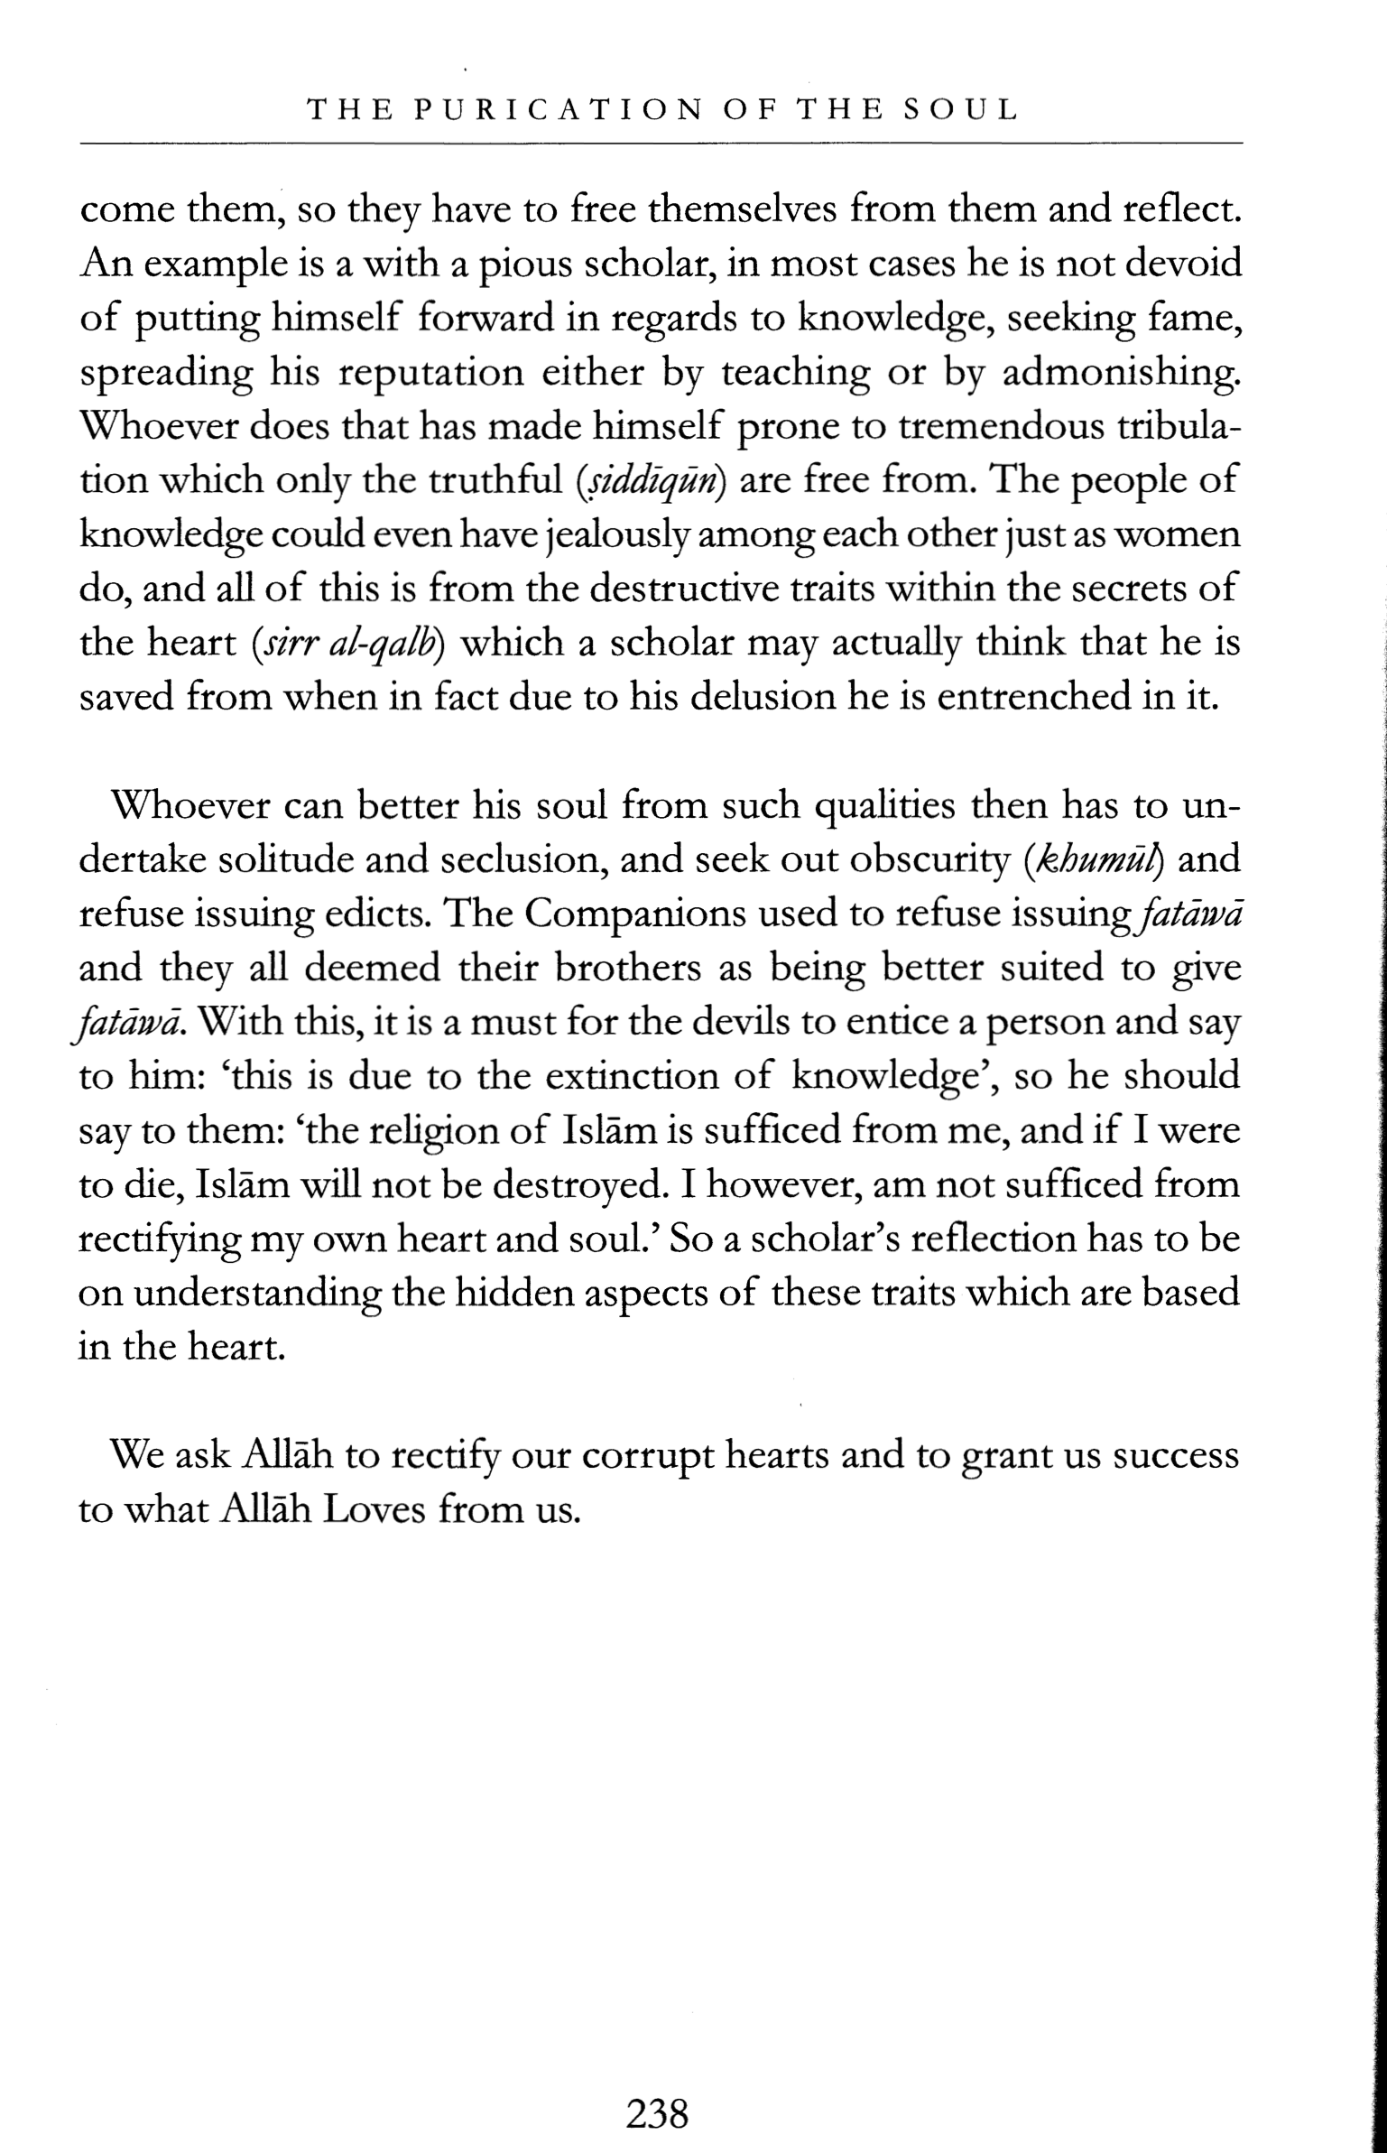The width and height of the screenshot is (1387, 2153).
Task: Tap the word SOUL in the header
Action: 962,110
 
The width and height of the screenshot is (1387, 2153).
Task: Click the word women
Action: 1187,535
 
